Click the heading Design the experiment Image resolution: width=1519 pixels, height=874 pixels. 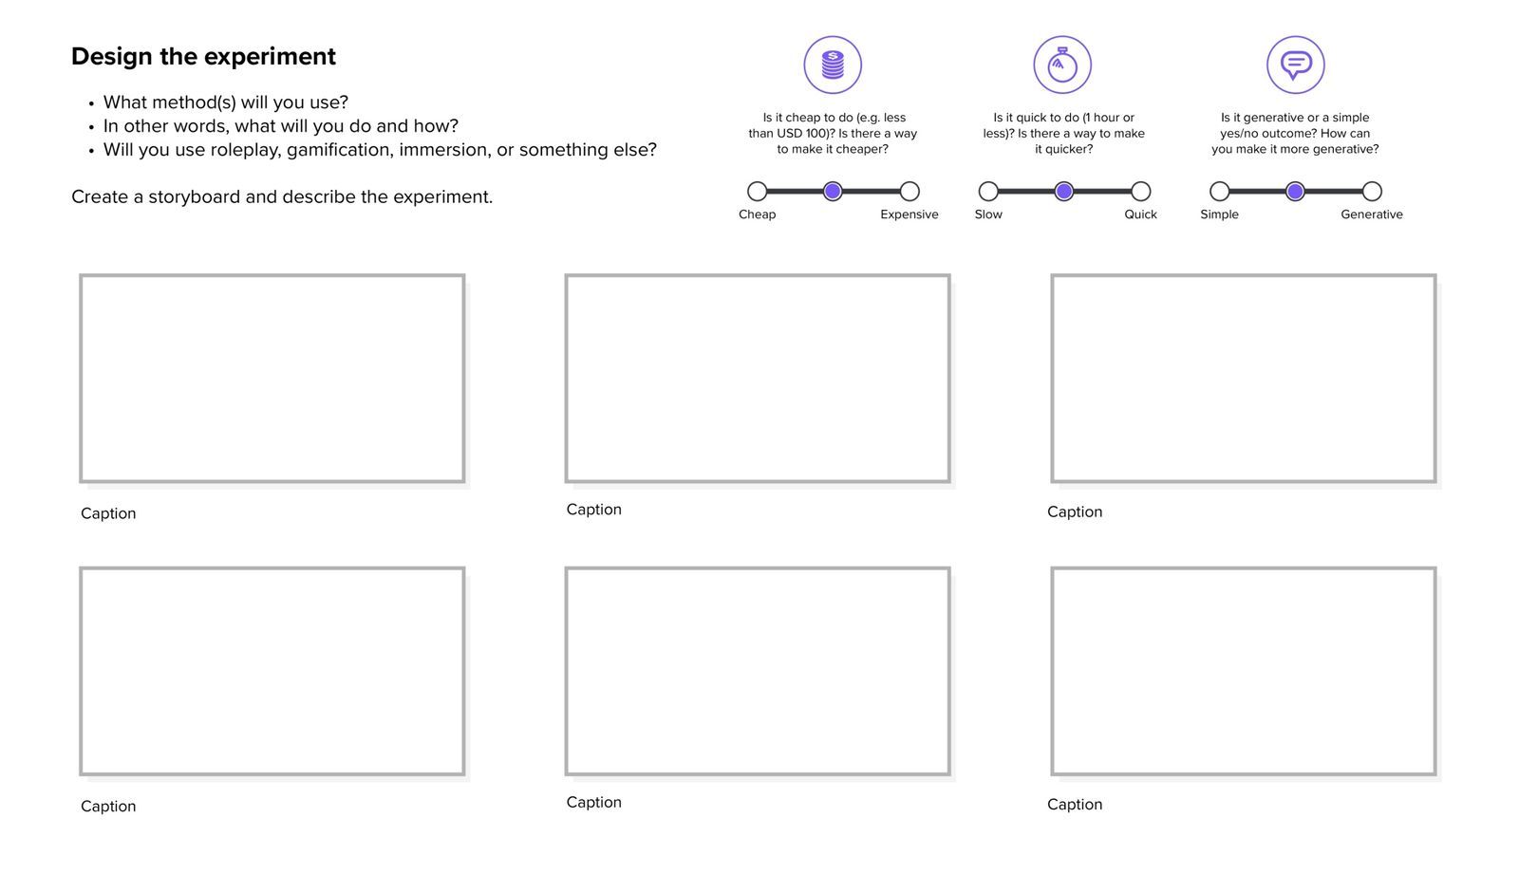[203, 57]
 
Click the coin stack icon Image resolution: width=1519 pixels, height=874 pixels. [833, 65]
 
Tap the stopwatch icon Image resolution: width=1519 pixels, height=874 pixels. [1062, 65]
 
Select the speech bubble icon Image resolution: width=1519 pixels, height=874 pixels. [1295, 65]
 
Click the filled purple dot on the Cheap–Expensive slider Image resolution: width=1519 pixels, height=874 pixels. [833, 192]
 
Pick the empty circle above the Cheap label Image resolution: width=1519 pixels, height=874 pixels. [757, 192]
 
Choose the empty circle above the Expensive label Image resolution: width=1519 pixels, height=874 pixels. [910, 192]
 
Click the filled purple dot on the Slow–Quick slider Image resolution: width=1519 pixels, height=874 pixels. [1064, 192]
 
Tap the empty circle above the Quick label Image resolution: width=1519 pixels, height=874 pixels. [1141, 192]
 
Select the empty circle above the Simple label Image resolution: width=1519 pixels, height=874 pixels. [1220, 192]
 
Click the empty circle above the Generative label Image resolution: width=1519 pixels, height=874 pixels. [1372, 192]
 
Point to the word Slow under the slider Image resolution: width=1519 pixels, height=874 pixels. [988, 214]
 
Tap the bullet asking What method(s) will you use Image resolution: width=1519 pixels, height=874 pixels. [225, 102]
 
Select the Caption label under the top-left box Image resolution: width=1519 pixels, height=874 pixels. [108, 513]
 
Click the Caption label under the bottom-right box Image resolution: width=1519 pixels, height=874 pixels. [1075, 805]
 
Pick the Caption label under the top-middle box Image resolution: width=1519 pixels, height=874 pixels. [594, 510]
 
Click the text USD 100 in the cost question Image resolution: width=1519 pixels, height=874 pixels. [802, 134]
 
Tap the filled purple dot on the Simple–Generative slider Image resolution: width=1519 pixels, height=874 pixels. [1295, 192]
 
